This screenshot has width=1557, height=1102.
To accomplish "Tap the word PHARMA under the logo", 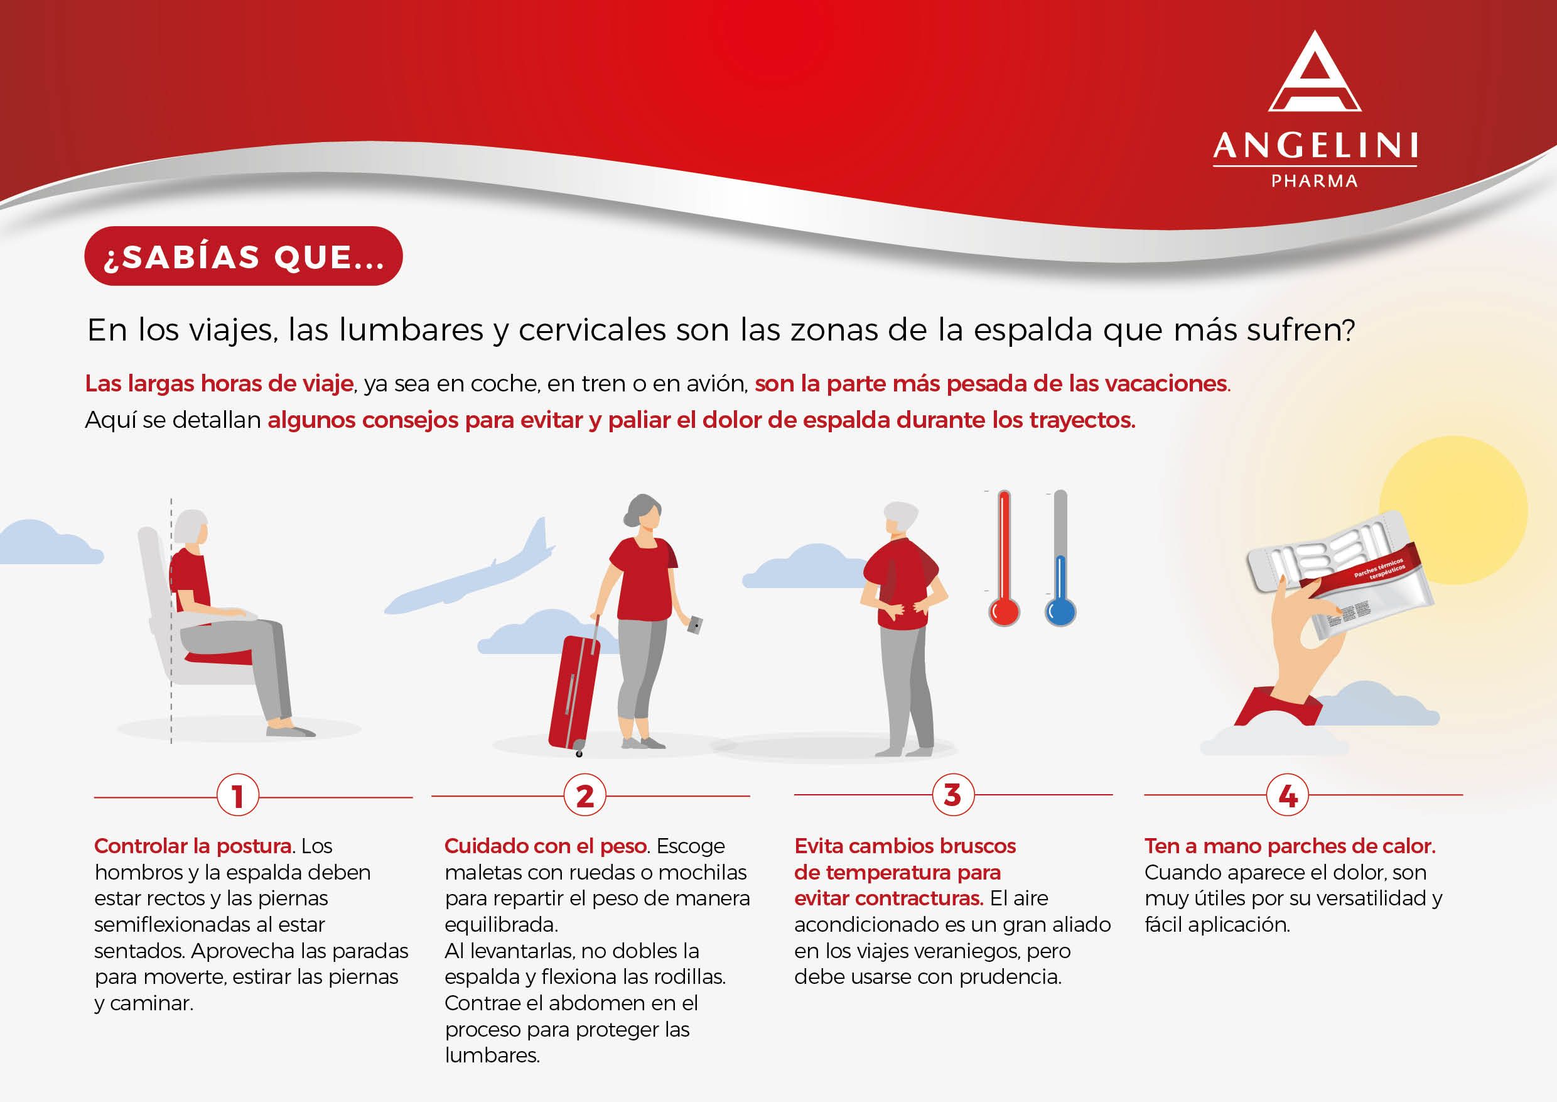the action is pyautogui.click(x=1314, y=181).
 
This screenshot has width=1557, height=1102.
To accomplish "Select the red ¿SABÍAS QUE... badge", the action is pyautogui.click(x=244, y=256).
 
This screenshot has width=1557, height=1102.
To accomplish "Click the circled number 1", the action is pyautogui.click(x=237, y=795).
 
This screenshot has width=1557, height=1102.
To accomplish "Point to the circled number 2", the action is pyautogui.click(x=585, y=795).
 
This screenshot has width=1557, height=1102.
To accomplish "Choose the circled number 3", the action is pyautogui.click(x=953, y=794).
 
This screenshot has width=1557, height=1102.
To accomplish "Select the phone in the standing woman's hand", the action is pyautogui.click(x=694, y=625).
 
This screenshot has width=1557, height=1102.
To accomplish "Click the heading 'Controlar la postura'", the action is pyautogui.click(x=193, y=846).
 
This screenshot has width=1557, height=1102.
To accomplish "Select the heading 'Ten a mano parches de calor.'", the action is pyautogui.click(x=1290, y=846).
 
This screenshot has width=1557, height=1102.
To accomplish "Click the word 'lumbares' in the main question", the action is pyautogui.click(x=411, y=330).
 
